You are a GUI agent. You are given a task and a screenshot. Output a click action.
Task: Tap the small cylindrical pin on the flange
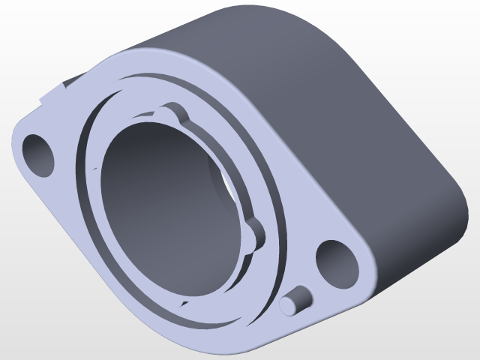point(294,301)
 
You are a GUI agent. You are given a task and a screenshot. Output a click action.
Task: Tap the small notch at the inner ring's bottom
point(182,302)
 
